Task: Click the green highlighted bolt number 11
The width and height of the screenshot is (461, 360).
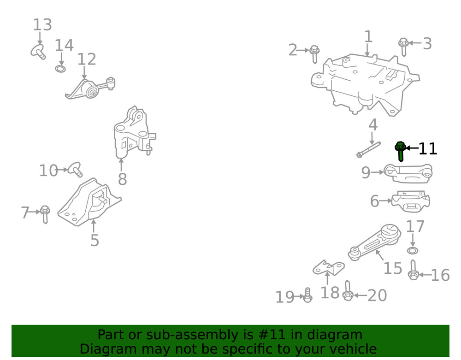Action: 400,151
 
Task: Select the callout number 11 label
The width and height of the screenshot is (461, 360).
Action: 427,149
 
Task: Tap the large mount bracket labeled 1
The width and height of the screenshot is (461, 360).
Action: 364,83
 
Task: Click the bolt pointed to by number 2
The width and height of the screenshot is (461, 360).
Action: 314,53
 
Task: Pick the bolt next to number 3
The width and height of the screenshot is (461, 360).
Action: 403,46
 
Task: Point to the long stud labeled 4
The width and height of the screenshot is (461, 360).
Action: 368,149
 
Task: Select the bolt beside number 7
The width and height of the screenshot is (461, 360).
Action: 45,214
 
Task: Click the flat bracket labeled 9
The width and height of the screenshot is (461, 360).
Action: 408,174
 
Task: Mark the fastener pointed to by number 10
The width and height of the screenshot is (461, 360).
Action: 74,169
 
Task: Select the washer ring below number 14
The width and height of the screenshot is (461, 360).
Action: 60,69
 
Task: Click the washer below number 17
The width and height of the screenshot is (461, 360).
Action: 413,250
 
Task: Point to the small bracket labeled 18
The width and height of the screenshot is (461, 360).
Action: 328,268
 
